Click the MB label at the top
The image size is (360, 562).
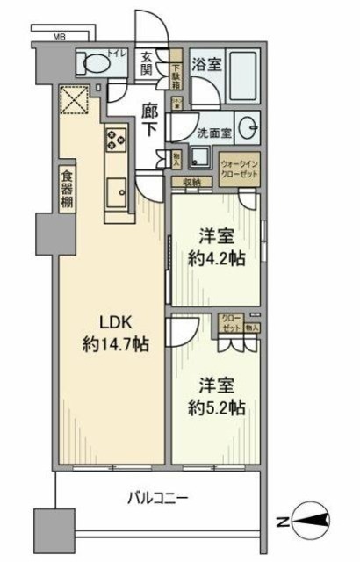pyautogui.click(x=59, y=38)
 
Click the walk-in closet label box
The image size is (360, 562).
pyautogui.click(x=239, y=169)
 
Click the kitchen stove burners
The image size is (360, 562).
pyautogui.click(x=117, y=139)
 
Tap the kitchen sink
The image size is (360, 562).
pyautogui.click(x=117, y=191)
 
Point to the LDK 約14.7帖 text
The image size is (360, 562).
pyautogui.click(x=116, y=332)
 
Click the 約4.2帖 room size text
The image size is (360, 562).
pyautogui.click(x=214, y=250)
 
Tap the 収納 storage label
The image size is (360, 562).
pyautogui.click(x=192, y=182)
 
